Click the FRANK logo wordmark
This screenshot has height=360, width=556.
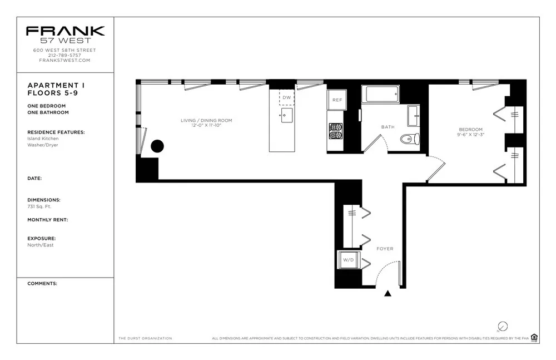point(65,31)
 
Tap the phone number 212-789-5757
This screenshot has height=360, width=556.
point(64,55)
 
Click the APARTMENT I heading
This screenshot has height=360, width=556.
point(52,86)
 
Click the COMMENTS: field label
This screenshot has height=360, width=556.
point(42,283)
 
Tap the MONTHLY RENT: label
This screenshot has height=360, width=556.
point(47,220)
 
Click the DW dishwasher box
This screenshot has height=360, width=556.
point(286,97)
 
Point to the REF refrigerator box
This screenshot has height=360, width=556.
point(337,100)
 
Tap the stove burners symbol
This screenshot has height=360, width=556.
point(335,131)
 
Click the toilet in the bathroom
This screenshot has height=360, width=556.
point(411,139)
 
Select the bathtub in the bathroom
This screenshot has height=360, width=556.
point(380,94)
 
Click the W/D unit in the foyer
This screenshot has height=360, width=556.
point(349,260)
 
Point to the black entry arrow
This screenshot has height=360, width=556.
point(388,293)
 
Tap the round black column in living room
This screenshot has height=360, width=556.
point(157,146)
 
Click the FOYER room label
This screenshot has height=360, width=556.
point(385,249)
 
